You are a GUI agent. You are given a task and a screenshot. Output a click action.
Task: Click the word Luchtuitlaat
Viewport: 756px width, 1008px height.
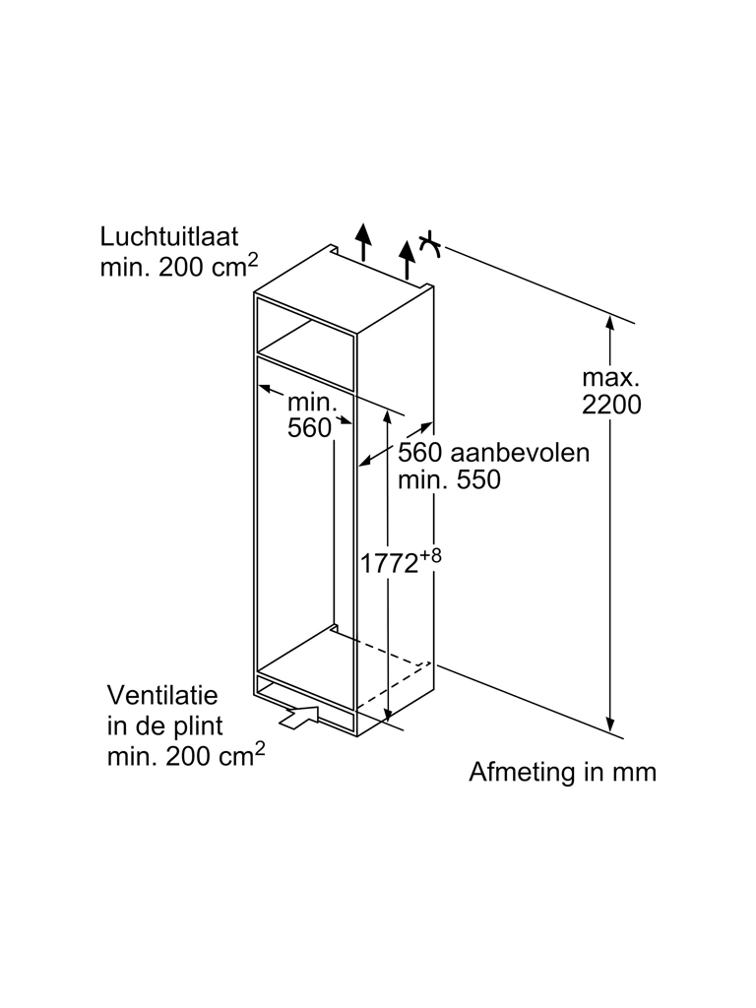point(169,237)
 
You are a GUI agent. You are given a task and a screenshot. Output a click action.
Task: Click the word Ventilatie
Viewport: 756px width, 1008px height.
point(161,695)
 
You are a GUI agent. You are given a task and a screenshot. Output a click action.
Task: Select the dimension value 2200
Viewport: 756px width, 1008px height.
point(611,404)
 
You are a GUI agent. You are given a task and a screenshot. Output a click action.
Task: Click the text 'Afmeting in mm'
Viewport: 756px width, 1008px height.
point(562,772)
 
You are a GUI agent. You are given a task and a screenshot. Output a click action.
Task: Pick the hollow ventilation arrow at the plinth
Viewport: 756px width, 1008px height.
point(301,717)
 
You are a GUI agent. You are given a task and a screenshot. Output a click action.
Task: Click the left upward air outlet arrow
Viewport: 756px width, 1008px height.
point(364,239)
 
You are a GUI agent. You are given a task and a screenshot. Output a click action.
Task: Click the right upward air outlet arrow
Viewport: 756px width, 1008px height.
point(408,257)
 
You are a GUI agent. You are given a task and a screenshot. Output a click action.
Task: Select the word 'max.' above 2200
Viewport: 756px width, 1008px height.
point(611,377)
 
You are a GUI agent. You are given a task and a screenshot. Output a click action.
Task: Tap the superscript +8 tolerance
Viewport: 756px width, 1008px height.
point(430,556)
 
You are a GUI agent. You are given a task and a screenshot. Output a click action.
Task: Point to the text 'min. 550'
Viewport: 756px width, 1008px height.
point(450,480)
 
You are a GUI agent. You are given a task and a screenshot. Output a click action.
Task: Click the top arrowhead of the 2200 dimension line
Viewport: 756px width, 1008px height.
point(610,322)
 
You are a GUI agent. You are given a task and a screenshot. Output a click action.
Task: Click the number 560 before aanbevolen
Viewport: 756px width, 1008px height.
point(417,453)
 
